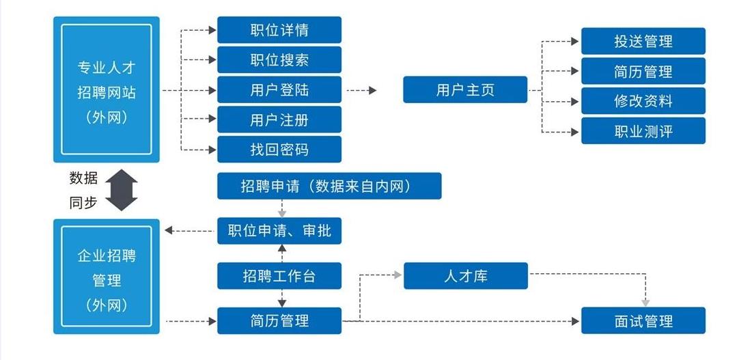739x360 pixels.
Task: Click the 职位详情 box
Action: (279, 30)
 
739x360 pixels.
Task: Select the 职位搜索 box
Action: (279, 60)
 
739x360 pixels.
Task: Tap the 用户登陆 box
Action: (279, 89)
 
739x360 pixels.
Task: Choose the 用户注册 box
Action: (279, 120)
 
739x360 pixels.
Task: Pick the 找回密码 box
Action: (279, 150)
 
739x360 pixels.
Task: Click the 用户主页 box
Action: (465, 89)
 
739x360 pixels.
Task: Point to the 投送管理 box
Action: (643, 41)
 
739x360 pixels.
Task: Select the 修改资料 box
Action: (643, 101)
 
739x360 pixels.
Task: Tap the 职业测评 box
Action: (643, 130)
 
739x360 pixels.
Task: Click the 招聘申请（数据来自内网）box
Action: (329, 186)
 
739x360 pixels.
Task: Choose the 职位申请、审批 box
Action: (279, 231)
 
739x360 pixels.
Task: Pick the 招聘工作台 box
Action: (279, 276)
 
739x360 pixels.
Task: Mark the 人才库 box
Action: (465, 276)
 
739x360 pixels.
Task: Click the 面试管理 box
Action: (643, 321)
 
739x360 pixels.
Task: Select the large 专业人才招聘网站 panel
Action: (106, 89)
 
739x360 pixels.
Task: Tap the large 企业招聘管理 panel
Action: (106, 277)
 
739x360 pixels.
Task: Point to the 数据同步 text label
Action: (83, 191)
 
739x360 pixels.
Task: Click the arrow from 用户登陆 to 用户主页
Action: (362, 89)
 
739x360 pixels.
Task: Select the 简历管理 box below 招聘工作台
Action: (279, 321)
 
